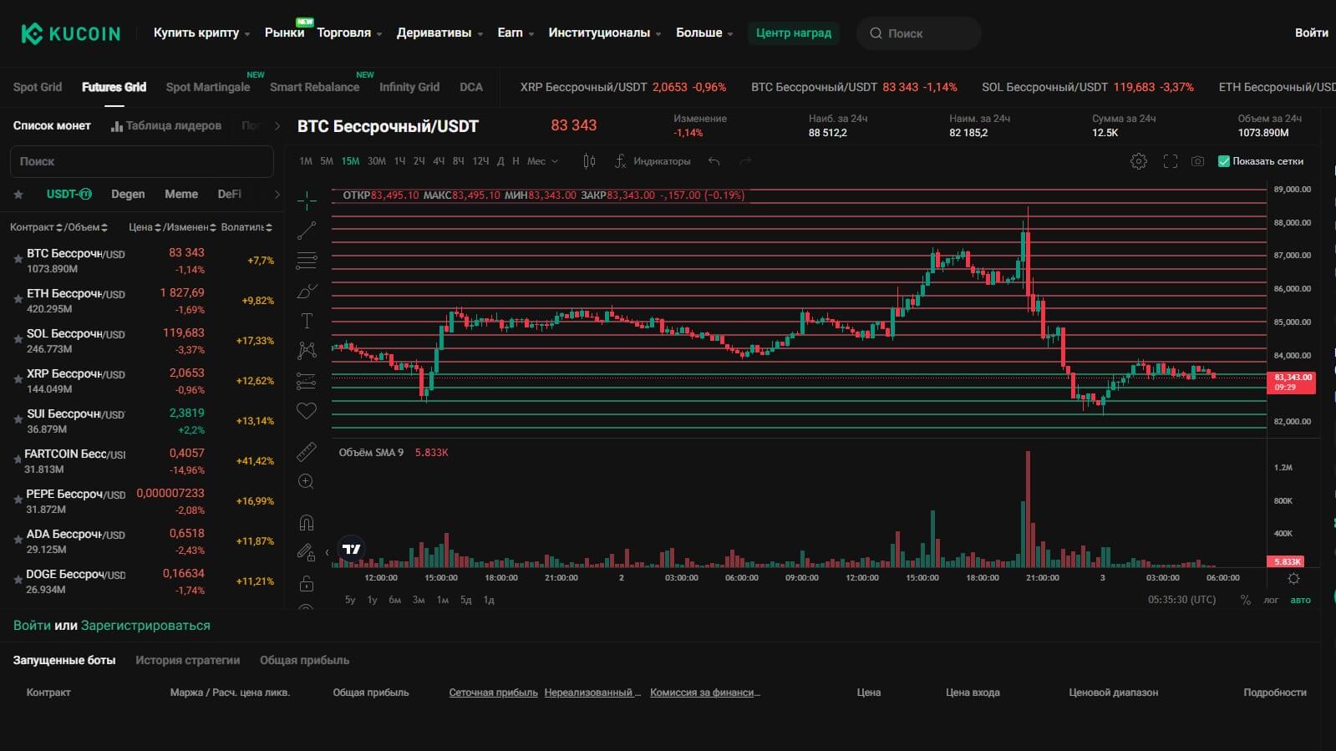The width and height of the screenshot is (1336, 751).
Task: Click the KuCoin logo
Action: (x=70, y=33)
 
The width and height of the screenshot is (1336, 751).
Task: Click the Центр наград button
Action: (x=793, y=33)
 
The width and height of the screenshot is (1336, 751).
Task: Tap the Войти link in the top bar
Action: (x=1311, y=33)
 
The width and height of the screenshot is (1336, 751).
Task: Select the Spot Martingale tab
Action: (x=207, y=87)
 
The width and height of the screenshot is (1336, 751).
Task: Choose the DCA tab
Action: (x=470, y=87)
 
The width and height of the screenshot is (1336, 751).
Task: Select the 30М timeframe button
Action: (x=376, y=161)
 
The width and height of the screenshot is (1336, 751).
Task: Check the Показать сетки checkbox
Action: (x=1224, y=161)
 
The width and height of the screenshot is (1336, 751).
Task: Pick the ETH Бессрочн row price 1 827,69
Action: (x=182, y=293)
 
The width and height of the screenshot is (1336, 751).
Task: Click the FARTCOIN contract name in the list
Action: (x=74, y=454)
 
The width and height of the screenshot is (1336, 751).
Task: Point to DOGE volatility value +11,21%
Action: (x=255, y=581)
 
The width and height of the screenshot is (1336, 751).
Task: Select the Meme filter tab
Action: (x=181, y=194)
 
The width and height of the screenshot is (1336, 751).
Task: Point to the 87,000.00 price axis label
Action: (x=1292, y=256)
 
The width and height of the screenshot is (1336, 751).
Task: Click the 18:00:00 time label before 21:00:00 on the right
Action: (x=983, y=578)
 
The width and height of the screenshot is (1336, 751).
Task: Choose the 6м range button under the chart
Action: (x=394, y=600)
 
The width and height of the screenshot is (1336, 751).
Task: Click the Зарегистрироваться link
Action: (x=145, y=626)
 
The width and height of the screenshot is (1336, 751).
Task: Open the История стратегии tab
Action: (x=187, y=660)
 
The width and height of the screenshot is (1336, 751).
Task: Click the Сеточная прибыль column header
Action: (x=493, y=693)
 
